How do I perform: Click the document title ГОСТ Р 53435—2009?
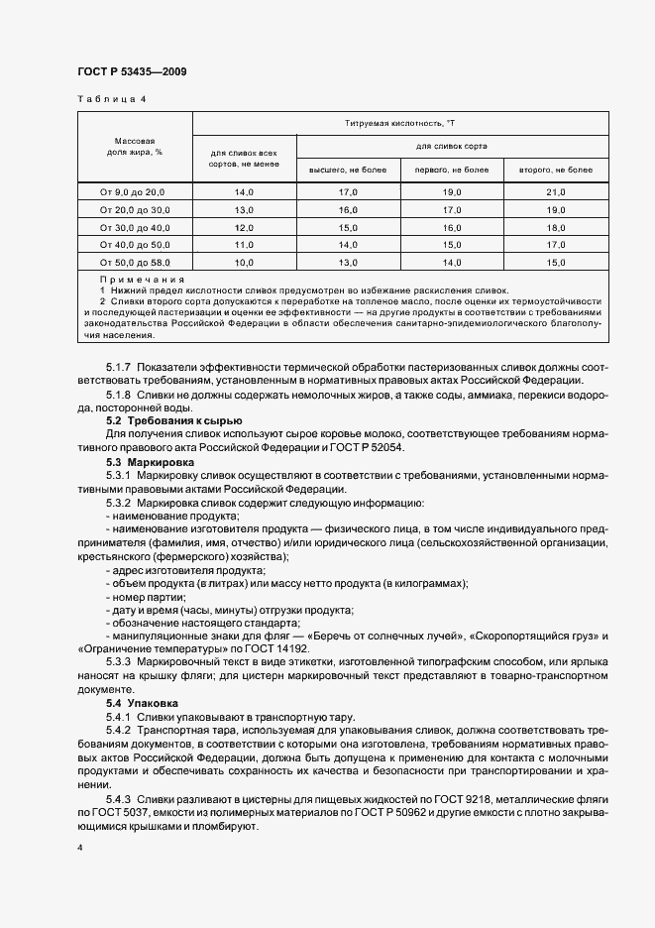131,72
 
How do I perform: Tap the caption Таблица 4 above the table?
111,99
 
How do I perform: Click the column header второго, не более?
555,170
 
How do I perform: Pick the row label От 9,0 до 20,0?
134,191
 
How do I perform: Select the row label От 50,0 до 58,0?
134,263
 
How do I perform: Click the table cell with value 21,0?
555,191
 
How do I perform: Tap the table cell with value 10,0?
244,263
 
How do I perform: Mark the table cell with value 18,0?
555,227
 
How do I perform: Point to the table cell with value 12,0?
244,227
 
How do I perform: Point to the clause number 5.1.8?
118,396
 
